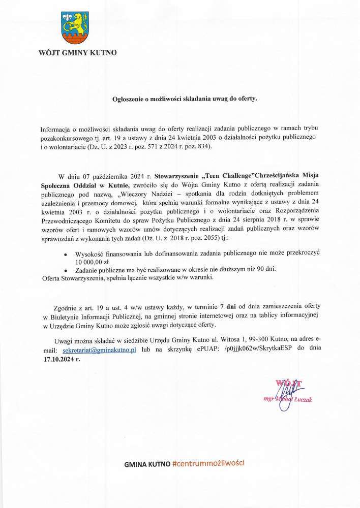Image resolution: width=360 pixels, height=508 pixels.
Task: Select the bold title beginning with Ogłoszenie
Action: pyautogui.click(x=185, y=99)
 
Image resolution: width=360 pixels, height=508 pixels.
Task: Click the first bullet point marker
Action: pyautogui.click(x=65, y=252)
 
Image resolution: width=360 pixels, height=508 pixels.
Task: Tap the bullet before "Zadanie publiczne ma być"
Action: pyautogui.click(x=65, y=269)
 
